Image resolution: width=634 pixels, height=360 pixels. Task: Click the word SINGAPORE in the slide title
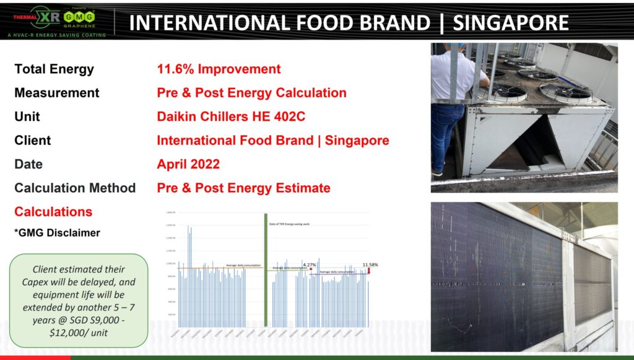(x=511, y=23)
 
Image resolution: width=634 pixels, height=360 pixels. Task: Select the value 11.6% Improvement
(x=219, y=69)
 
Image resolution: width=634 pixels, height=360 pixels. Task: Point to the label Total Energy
(x=54, y=69)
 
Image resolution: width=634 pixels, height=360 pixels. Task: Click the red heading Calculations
(x=53, y=212)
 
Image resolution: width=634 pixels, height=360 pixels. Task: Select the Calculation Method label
(x=75, y=188)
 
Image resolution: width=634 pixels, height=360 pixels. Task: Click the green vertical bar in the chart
(x=266, y=270)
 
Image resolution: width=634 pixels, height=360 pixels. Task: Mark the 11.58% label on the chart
(x=370, y=265)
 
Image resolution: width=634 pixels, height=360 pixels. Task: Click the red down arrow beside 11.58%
(x=369, y=271)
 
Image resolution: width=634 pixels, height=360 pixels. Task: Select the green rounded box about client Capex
(x=78, y=300)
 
